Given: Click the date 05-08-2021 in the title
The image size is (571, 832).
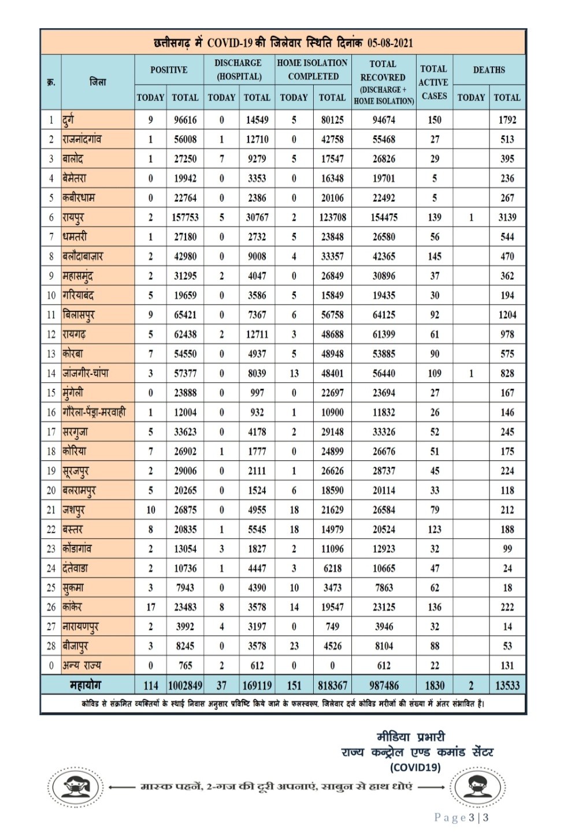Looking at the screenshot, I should (390, 43).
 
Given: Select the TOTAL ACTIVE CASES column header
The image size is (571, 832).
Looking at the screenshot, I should (433, 82).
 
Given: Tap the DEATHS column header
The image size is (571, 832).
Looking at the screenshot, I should (489, 70).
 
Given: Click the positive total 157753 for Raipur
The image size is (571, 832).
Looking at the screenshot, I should (185, 217).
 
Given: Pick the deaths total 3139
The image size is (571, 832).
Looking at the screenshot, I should (507, 217).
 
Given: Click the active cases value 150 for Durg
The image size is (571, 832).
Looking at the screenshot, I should (434, 120).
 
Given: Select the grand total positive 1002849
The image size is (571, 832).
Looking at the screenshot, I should (185, 685).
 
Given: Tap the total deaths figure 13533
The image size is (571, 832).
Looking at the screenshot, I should (507, 685).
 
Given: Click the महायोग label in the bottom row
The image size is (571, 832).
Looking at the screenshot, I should (86, 685).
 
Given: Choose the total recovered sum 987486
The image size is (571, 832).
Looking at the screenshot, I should (384, 685).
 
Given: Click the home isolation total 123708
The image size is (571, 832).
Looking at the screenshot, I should (332, 217).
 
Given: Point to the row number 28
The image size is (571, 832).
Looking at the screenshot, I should (51, 646).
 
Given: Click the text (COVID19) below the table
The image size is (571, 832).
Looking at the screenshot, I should (415, 768).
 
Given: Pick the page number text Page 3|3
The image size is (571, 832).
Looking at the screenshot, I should (461, 818).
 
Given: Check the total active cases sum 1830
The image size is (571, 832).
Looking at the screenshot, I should (434, 685).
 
